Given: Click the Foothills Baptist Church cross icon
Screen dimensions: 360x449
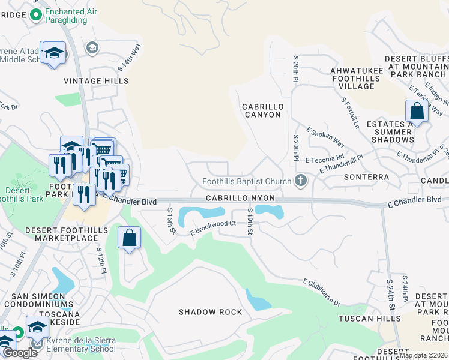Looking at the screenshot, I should (301, 181).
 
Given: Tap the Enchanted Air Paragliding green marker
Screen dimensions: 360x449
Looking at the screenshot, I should (35, 15).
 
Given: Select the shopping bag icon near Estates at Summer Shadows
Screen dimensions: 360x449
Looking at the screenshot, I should (417, 112).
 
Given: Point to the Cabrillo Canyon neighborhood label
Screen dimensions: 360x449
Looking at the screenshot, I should (262, 110).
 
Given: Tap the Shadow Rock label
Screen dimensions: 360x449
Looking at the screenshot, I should (211, 312).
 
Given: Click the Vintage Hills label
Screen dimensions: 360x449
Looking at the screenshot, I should (89, 80).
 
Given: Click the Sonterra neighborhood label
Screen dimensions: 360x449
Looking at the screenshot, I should (366, 178).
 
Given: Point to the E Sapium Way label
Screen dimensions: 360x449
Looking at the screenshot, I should (325, 137).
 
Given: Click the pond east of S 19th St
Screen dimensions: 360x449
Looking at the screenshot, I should (269, 211).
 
